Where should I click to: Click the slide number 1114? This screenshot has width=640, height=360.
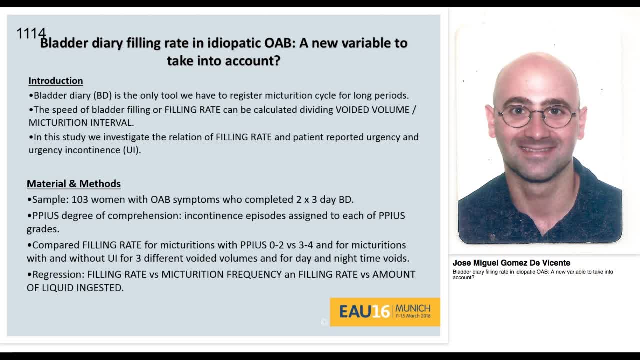[x=31, y=34]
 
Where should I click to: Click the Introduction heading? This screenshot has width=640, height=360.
[x=55, y=81]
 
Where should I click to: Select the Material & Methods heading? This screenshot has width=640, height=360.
[x=74, y=184]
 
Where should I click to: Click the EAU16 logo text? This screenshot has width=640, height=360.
[x=364, y=312]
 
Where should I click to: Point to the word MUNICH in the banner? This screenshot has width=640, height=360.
[x=412, y=308]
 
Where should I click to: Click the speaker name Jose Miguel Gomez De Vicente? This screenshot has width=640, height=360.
[x=511, y=263]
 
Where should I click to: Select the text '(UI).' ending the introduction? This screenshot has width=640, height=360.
[x=132, y=150]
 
